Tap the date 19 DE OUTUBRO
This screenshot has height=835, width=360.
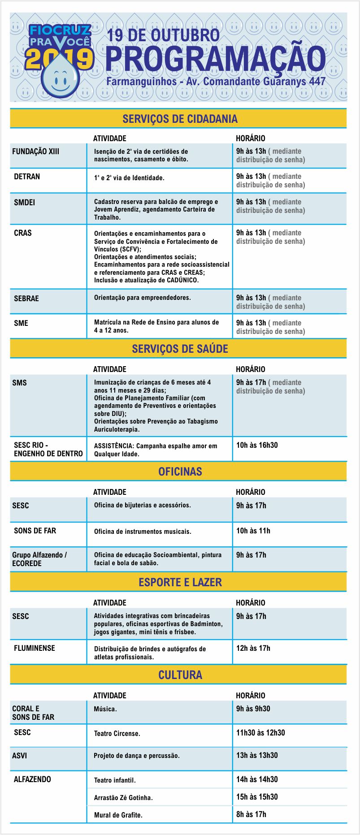coord(163,35)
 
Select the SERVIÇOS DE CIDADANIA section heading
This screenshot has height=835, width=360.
coord(180,119)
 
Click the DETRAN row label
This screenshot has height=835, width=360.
coord(27,177)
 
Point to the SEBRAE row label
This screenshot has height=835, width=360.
coord(26,299)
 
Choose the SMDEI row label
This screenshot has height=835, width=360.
coord(24,203)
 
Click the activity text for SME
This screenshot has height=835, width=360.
coord(156,326)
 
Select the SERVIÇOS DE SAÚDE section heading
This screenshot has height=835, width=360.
coord(180,349)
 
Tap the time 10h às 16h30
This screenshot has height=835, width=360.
coord(257,445)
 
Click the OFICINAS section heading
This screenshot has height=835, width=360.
coord(180,472)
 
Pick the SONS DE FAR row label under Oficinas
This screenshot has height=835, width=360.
coord(35,531)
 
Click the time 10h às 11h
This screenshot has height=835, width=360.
coord(253,531)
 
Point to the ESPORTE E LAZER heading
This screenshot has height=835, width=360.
coord(180,582)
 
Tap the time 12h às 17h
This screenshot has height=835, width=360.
coord(253,648)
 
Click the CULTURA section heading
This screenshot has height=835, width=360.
coord(180,675)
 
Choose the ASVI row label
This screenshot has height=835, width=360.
coord(20,756)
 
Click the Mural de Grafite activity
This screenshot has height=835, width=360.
coord(118,815)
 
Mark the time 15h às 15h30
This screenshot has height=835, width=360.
coord(257,797)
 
